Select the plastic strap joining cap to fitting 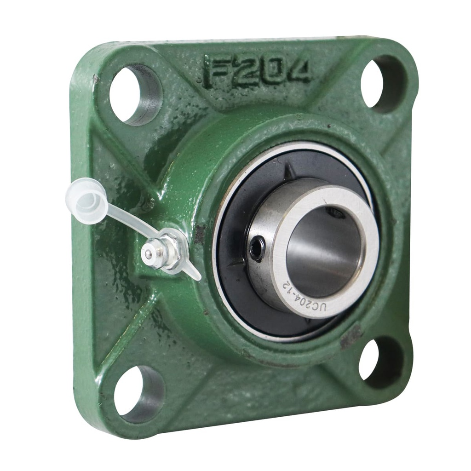[131, 221]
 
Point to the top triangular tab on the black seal [289, 173]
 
